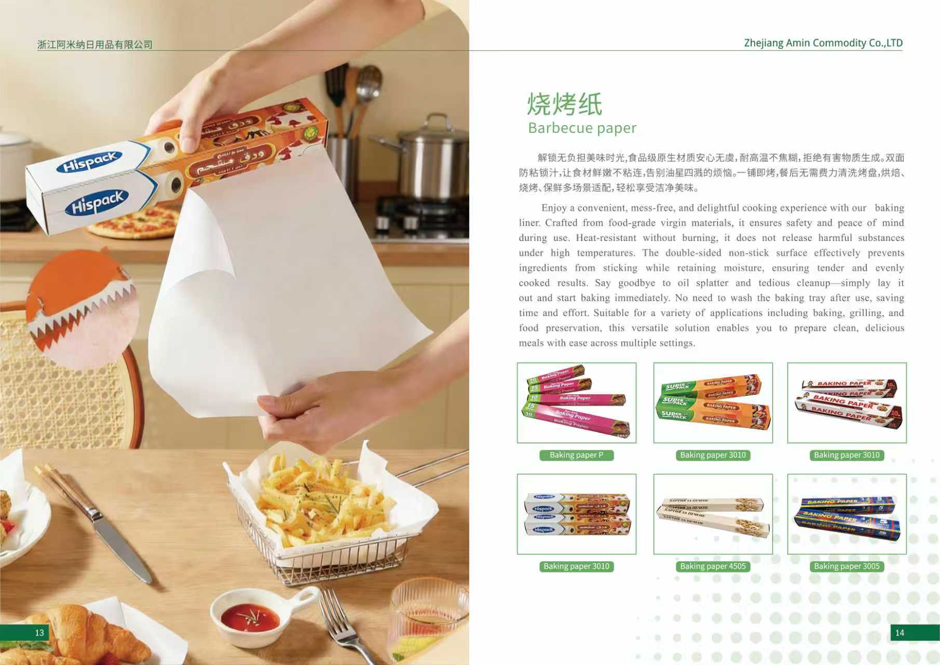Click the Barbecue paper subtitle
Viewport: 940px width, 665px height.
582,128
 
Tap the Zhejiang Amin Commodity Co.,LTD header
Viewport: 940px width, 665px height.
823,43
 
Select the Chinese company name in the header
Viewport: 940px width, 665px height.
95,45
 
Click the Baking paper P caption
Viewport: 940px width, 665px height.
576,455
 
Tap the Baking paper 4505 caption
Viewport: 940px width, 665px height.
713,566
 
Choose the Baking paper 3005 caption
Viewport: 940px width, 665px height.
847,566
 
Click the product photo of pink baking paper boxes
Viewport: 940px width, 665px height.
576,403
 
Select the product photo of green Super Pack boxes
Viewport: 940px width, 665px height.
713,403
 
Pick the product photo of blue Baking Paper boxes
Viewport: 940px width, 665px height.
847,514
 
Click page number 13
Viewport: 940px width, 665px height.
39,632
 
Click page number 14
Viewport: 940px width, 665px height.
900,632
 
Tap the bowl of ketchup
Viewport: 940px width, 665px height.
250,618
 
